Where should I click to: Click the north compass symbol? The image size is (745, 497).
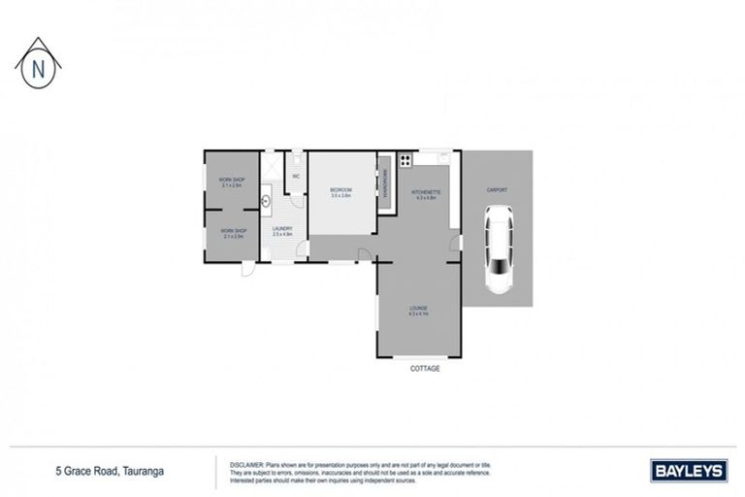point(38,65)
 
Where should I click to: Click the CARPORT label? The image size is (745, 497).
point(497,190)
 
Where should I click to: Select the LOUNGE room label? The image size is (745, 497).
point(418,310)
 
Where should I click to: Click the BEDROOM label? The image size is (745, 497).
point(340,191)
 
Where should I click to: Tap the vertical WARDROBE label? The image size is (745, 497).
point(385,184)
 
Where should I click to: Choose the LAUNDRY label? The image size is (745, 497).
point(282,231)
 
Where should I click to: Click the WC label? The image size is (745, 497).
point(296,176)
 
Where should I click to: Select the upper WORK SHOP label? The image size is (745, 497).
point(233,180)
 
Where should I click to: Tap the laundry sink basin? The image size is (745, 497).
point(267,203)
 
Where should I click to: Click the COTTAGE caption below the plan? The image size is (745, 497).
point(425,369)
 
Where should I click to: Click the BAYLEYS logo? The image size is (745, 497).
point(687,471)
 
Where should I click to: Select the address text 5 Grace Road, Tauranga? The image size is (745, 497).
point(109,471)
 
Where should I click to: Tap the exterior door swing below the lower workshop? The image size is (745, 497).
point(248,269)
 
